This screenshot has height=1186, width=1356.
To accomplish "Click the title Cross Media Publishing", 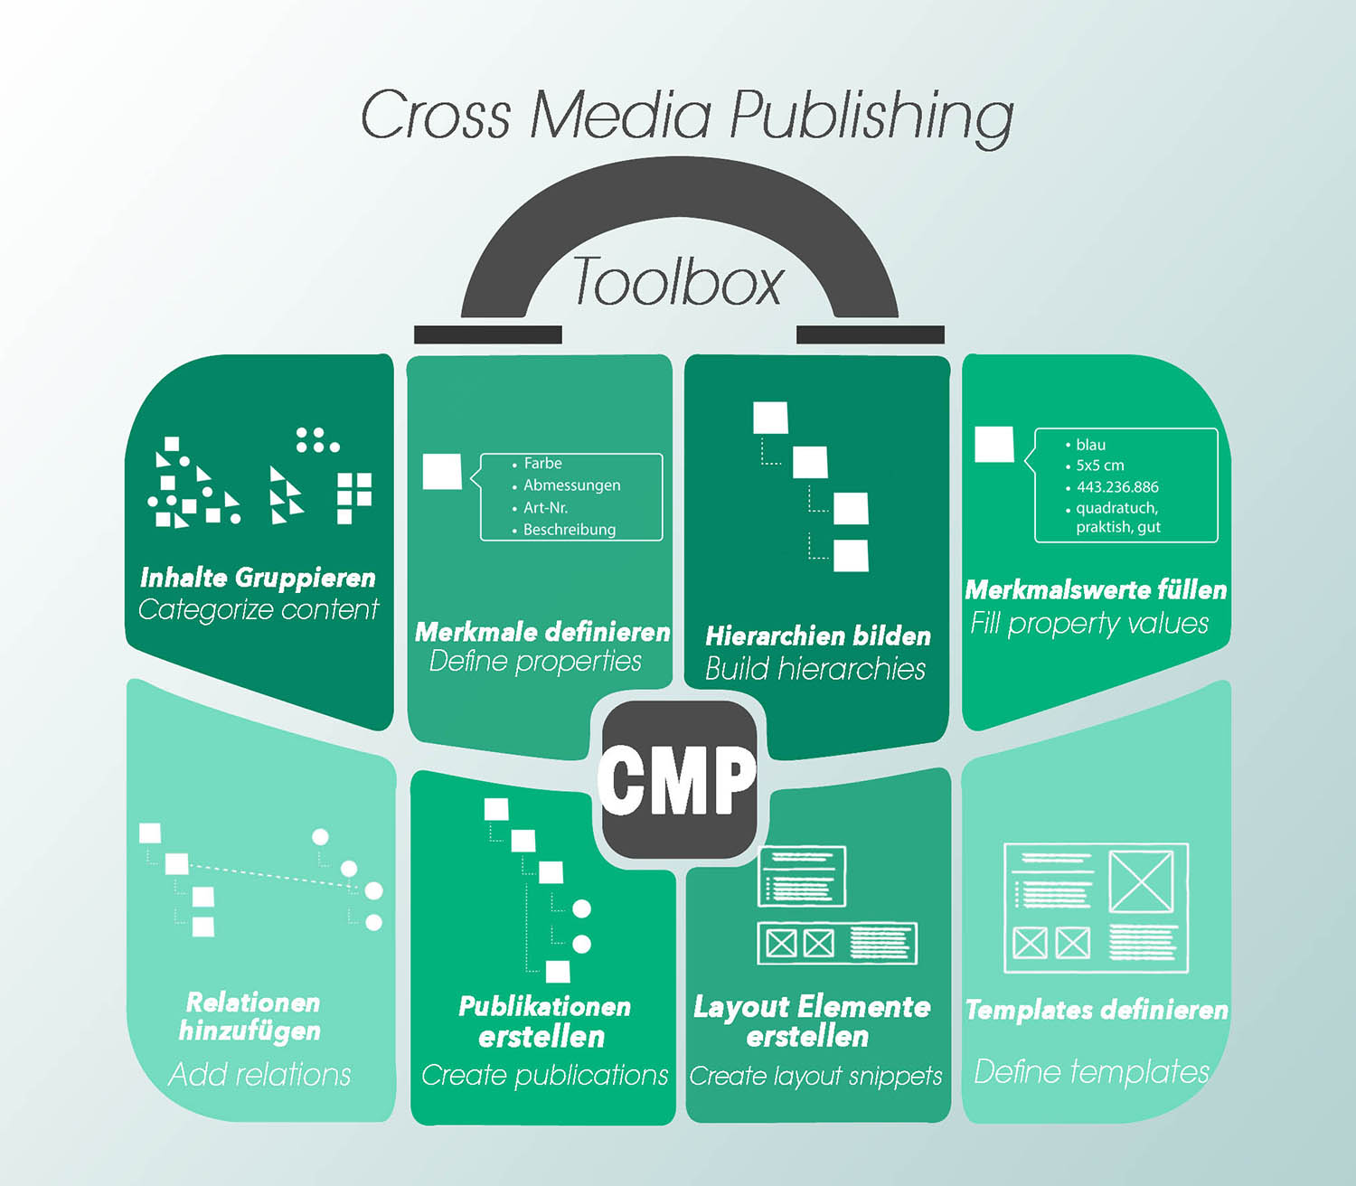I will pyautogui.click(x=687, y=116).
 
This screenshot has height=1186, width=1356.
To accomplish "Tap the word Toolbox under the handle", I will pyautogui.click(x=677, y=282).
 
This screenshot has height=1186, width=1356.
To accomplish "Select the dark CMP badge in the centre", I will pyautogui.click(x=678, y=780).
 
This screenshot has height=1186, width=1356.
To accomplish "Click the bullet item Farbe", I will pyautogui.click(x=542, y=463).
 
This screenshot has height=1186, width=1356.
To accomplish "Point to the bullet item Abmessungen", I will pyautogui.click(x=571, y=485).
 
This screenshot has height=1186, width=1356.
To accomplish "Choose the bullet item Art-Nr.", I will pyautogui.click(x=545, y=508).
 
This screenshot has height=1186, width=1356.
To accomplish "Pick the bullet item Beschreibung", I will pyautogui.click(x=569, y=530).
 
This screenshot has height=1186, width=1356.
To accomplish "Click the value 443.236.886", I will pyautogui.click(x=1116, y=487).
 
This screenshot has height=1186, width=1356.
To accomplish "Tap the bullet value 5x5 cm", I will pyautogui.click(x=1099, y=466).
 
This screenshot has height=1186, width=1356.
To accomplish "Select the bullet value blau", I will pyautogui.click(x=1090, y=445).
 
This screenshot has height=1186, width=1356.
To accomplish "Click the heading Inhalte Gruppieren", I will pyautogui.click(x=258, y=578).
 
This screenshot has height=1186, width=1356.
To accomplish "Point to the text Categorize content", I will pyautogui.click(x=258, y=610).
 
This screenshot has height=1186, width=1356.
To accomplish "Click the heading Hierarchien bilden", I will pyautogui.click(x=817, y=636).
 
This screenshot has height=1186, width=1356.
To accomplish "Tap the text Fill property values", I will pyautogui.click(x=1089, y=624).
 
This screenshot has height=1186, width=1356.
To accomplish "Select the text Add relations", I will pyautogui.click(x=259, y=1075).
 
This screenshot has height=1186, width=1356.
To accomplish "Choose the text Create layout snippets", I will pyautogui.click(x=815, y=1077).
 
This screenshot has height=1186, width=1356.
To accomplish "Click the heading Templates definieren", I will pyautogui.click(x=1097, y=1011).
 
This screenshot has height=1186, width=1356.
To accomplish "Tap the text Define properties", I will pyautogui.click(x=535, y=662).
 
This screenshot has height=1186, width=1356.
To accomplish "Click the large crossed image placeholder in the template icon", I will pyautogui.click(x=1141, y=880).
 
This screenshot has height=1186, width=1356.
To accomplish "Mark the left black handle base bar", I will pyautogui.click(x=488, y=334).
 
